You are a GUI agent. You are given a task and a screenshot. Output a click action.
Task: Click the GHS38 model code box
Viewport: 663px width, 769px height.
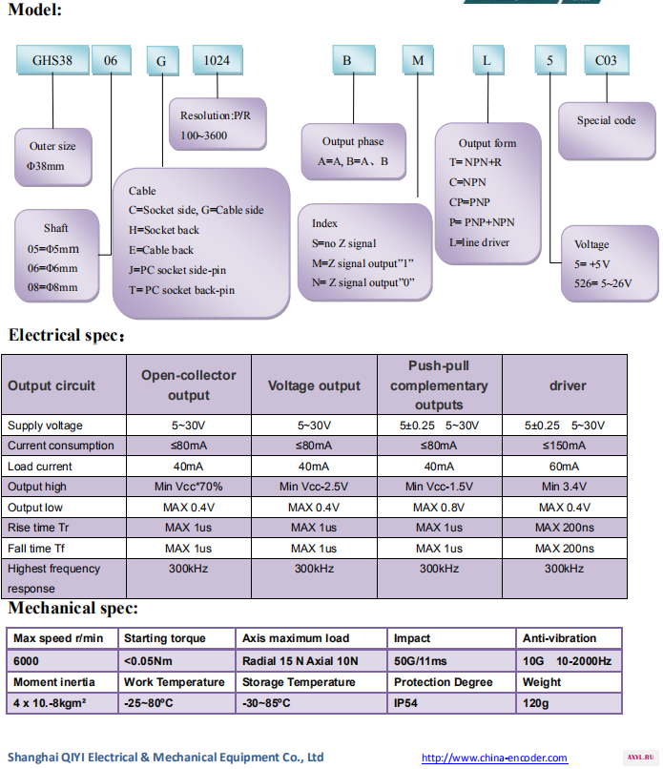52,60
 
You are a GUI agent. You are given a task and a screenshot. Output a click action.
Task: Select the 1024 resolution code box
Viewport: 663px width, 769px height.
218,60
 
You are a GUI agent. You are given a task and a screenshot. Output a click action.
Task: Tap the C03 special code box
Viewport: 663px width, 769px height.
606,60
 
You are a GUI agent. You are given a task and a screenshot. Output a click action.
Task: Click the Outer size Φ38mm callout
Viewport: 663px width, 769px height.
53,156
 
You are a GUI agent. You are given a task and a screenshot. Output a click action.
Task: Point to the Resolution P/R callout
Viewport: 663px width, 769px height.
218,124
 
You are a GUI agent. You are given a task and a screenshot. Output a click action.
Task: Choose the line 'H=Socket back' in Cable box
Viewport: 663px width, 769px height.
164,230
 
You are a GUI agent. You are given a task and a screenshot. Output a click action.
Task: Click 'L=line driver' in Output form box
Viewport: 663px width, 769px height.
479,242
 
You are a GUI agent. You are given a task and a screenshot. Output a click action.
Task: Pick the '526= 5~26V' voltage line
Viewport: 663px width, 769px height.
603,283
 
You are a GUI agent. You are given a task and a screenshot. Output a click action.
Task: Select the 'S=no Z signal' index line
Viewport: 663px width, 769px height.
343,243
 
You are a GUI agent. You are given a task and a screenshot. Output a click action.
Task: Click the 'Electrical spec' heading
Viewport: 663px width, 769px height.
66,336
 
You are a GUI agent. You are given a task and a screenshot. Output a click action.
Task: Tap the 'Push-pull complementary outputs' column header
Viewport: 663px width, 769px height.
439,385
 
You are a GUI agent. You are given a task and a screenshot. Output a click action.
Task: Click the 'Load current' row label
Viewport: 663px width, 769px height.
40,467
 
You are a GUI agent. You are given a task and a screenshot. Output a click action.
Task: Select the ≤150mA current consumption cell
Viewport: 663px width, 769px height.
564,446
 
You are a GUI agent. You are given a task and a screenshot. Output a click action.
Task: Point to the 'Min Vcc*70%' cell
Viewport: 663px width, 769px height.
188,487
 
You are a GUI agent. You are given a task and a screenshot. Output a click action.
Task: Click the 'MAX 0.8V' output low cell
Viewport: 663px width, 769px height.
439,508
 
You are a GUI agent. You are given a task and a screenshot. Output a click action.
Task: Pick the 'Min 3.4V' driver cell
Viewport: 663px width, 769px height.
564,487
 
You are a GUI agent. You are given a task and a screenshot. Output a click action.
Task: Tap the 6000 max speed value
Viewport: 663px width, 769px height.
26,661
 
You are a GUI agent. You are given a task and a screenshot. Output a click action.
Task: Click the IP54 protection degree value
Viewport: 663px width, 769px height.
405,703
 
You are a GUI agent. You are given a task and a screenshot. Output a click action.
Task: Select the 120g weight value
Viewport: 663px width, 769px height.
535,703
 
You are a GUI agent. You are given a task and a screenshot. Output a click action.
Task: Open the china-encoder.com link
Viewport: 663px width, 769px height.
494,759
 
